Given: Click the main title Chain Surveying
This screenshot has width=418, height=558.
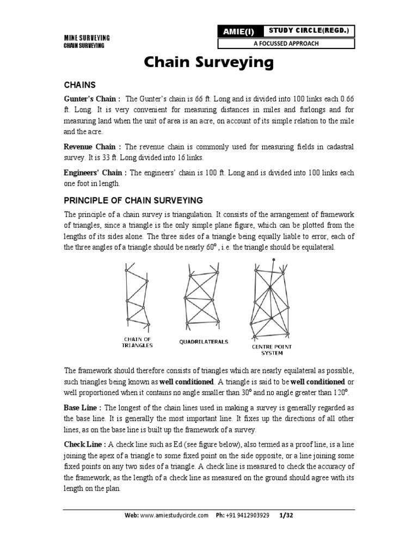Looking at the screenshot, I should (208, 63).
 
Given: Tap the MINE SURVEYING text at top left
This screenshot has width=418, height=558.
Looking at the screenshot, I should (87, 37).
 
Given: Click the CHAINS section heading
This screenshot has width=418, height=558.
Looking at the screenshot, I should (80, 85).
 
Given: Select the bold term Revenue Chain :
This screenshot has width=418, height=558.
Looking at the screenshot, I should (93, 147).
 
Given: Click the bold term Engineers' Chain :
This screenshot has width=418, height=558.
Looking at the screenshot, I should (96, 173).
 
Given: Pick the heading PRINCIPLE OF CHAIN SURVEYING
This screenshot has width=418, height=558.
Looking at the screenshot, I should (133, 200).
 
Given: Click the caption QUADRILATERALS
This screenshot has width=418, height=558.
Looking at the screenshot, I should (204, 342).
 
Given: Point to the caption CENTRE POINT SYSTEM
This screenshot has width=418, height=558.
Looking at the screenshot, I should (271, 349).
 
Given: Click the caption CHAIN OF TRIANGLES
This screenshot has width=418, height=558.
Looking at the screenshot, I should (137, 342).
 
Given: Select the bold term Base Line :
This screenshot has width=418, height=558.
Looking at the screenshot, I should (83, 407).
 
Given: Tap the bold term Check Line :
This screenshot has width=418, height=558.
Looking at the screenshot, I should (85, 444).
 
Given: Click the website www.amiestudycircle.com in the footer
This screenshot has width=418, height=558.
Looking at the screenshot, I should (174, 515).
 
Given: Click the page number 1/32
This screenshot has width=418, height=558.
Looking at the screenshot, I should (286, 515).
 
